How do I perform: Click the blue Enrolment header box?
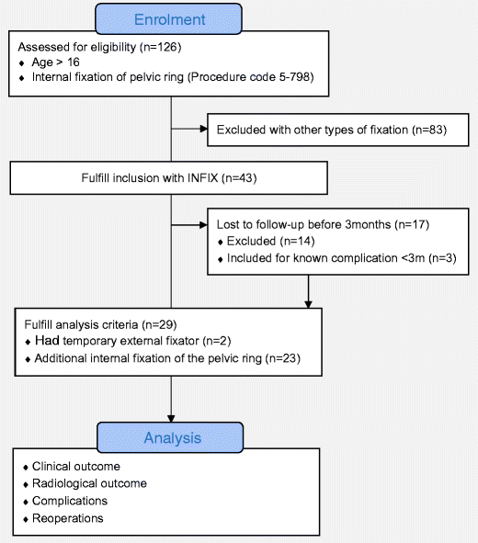(x=171, y=18)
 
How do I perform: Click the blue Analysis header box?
(x=171, y=437)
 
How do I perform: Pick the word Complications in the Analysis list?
(x=69, y=501)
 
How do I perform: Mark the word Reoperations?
(x=68, y=518)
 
